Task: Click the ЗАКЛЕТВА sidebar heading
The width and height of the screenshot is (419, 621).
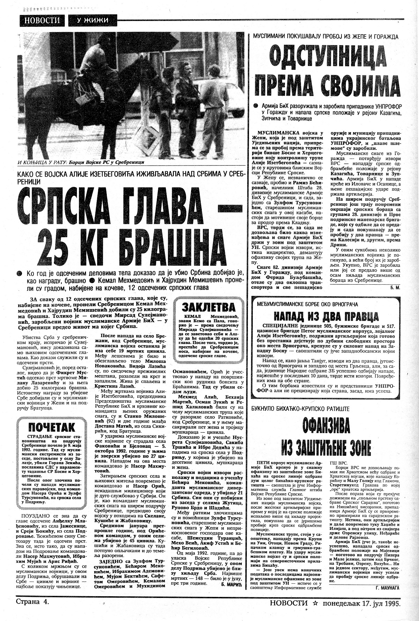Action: pos(208,307)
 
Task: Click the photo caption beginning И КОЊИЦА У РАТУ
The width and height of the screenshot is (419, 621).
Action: pos(80,162)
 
